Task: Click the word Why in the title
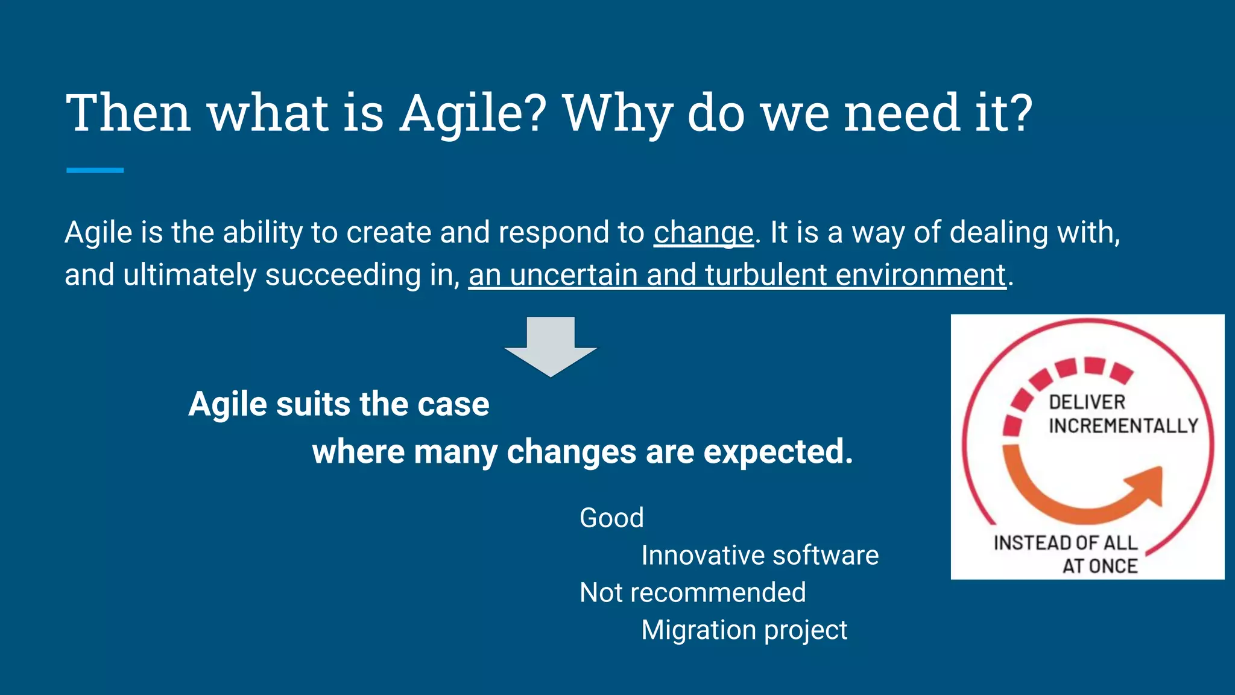pos(616,113)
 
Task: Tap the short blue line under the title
pos(95,171)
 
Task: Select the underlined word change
pos(703,233)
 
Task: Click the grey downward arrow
pos(551,346)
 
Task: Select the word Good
pos(611,518)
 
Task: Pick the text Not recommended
pos(692,593)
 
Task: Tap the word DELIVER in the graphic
pos(1087,402)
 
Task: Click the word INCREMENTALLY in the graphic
pos(1123,426)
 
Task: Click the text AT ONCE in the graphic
pos(1099,566)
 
